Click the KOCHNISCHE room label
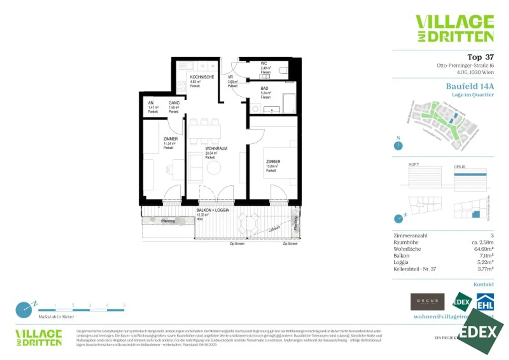(202, 77)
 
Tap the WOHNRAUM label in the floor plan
(216, 149)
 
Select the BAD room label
(264, 88)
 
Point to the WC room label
(264, 64)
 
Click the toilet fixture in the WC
(284, 71)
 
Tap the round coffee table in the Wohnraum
(214, 168)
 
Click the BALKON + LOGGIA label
(212, 210)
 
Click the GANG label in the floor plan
(174, 103)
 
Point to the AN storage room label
(151, 103)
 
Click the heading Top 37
(480, 57)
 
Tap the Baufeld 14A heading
(470, 86)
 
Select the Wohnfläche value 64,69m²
(483, 249)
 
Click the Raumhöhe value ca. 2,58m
(482, 242)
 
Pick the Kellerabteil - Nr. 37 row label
(415, 269)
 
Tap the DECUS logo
(427, 302)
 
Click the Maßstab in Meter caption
(56, 317)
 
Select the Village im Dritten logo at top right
(455, 28)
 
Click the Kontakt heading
(483, 284)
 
